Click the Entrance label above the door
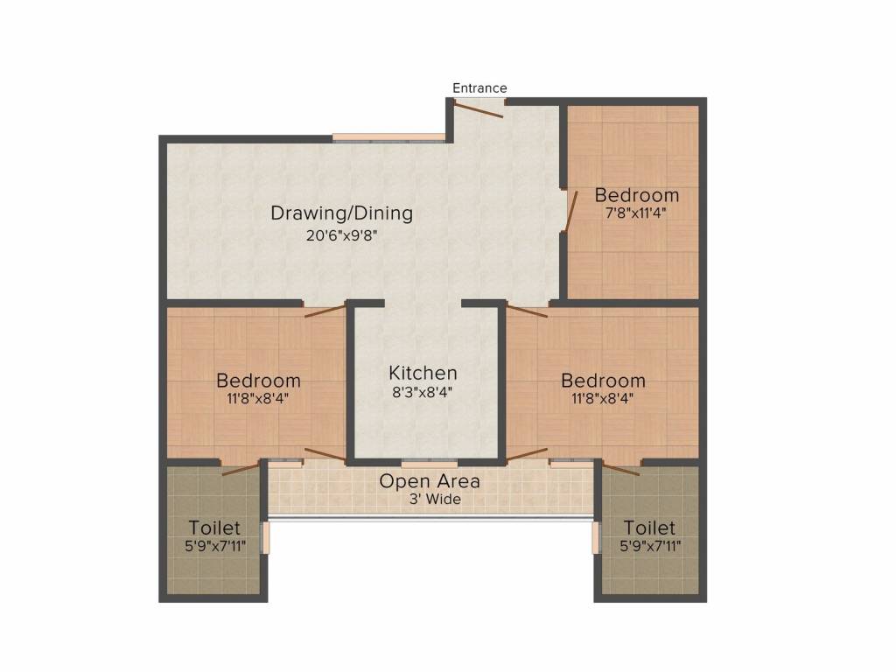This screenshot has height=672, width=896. pos(479,88)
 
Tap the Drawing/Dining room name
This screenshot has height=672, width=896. pos(341,213)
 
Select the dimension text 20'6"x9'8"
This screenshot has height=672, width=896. pos(341,234)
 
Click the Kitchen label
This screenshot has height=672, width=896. pos(423,374)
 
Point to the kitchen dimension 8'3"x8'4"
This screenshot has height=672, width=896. pos(423,393)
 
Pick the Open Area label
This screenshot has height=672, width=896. pos(430,481)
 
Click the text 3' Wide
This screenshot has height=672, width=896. pos(430,500)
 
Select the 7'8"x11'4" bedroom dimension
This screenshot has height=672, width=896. pos(636,213)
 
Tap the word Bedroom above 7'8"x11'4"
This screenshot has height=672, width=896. pos(636,194)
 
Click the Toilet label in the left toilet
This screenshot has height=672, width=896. pos(214,528)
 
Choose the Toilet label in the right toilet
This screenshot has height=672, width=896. pos(649,528)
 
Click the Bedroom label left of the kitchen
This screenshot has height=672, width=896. pos(258,381)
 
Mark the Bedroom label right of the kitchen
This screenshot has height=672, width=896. pos(603,381)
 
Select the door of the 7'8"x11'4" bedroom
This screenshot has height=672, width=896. pos(570,213)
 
